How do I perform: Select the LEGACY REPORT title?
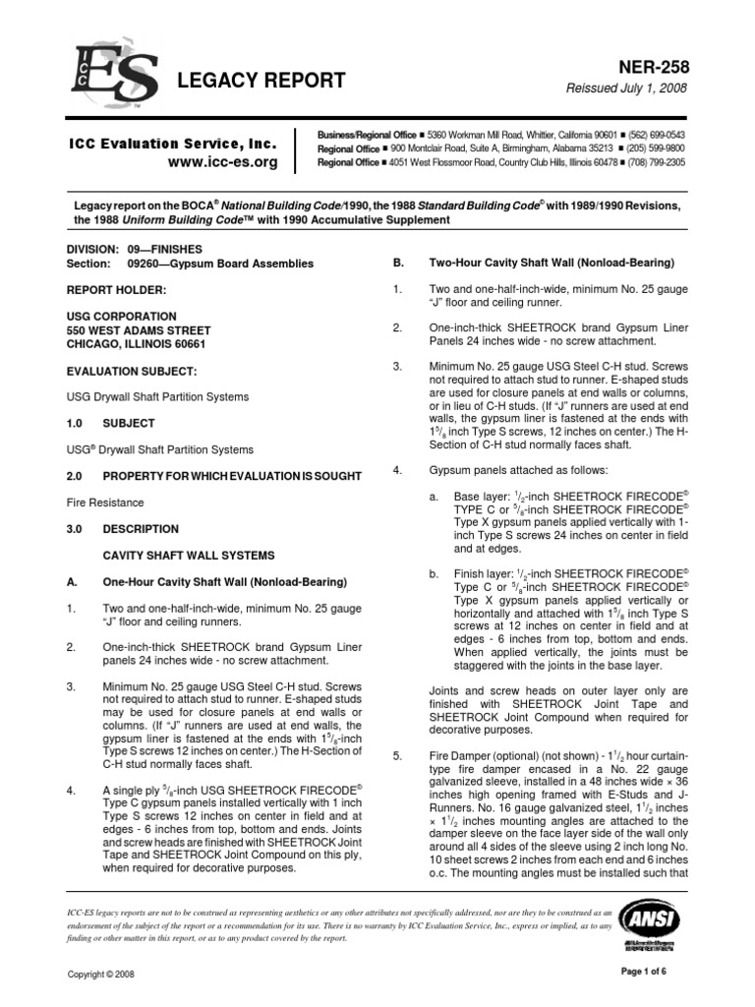coord(261,81)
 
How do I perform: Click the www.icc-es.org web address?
coord(223,161)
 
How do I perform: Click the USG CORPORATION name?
coord(120,318)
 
